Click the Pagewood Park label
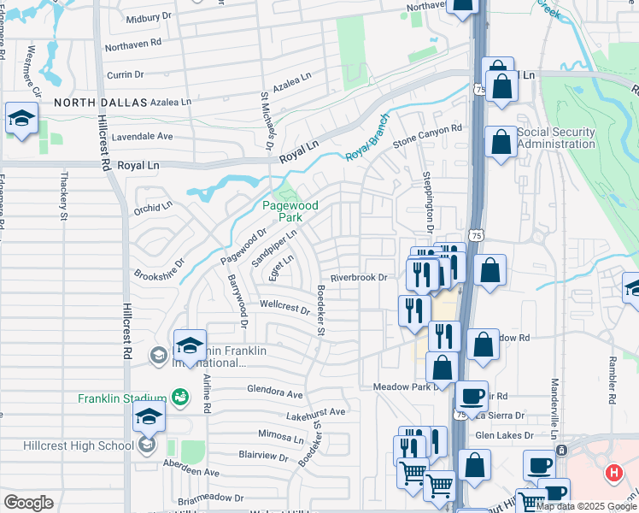coord(290,211)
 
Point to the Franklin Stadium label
coord(122,398)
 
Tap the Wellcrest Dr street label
coord(284,305)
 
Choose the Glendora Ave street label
coord(275,395)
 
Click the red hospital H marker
coord(613,473)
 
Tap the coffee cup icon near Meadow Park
coord(471,397)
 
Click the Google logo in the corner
coord(28,503)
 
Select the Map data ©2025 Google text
coord(587,506)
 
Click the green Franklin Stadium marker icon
coord(179,397)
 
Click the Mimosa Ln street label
coord(286,435)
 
